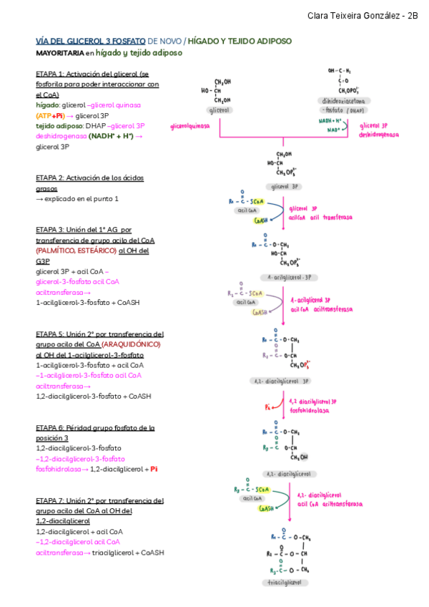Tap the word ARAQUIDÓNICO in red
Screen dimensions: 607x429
(x=132, y=344)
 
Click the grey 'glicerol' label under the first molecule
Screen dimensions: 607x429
(x=219, y=111)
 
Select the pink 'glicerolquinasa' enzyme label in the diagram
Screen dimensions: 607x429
(x=190, y=125)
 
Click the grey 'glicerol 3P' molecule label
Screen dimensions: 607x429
(x=286, y=185)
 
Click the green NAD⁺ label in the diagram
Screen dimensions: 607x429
(x=333, y=130)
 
